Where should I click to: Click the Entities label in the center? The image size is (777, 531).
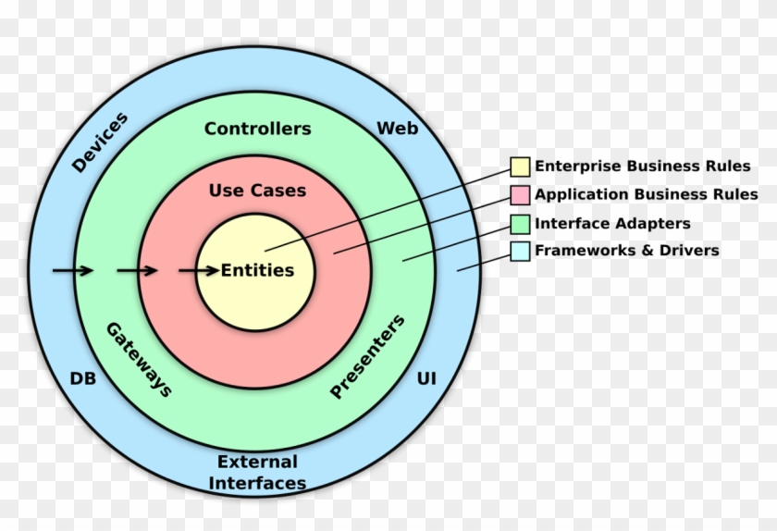coord(257,271)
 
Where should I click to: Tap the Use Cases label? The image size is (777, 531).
coord(257,191)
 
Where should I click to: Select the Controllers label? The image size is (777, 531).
coord(257,129)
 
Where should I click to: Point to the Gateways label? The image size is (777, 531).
coord(139,359)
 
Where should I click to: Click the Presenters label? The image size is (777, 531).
coord(367,357)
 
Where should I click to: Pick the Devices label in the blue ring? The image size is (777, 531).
coord(99,142)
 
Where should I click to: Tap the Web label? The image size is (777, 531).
coord(397,129)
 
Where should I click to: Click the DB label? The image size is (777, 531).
coord(83,378)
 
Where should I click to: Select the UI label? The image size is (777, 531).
coord(426,378)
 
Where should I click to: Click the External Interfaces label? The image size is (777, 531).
coord(257,472)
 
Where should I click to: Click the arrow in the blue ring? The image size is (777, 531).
coord(72,270)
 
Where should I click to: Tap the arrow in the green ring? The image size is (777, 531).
coord(137,270)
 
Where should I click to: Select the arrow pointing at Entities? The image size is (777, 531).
coord(198,270)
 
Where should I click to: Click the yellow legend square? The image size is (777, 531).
coord(520,167)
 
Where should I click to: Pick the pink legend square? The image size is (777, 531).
coord(520,195)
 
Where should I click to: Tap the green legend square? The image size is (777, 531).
coord(520,223)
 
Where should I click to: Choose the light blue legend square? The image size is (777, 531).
coord(520,251)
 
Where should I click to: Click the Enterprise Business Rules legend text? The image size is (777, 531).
coord(643,167)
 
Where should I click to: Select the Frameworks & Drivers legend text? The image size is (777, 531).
coord(626,251)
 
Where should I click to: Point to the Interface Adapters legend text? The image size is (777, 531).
coord(612,223)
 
